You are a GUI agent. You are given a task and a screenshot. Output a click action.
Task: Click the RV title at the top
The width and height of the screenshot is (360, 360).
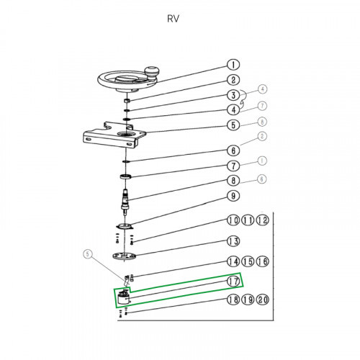[x=173, y=19]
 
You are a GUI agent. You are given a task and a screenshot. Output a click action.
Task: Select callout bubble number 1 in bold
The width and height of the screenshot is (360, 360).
[x=233, y=65]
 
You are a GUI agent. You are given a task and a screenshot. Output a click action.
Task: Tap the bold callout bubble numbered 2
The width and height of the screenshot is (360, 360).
[x=233, y=80]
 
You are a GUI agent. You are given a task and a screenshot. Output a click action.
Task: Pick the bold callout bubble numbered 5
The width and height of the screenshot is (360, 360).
[x=233, y=125]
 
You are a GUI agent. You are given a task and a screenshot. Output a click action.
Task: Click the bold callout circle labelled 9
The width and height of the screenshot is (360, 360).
[x=233, y=196]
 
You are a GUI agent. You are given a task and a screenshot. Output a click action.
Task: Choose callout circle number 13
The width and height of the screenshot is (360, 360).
[x=233, y=241]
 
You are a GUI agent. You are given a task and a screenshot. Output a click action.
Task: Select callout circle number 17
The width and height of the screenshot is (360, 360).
[x=233, y=282]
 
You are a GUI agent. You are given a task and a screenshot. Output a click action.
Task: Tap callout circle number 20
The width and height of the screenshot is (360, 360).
[x=263, y=300]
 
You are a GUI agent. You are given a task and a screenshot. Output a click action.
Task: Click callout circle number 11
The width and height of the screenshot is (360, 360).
[x=248, y=220]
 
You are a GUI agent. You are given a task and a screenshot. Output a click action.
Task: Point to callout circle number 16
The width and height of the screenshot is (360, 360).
[x=263, y=261]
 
